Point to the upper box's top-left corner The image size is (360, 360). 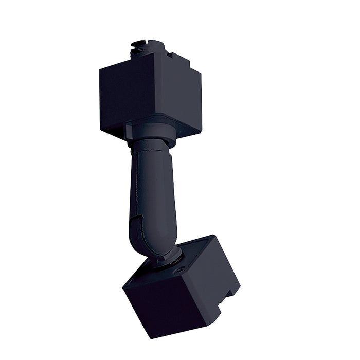100,69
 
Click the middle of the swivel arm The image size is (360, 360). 150,190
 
